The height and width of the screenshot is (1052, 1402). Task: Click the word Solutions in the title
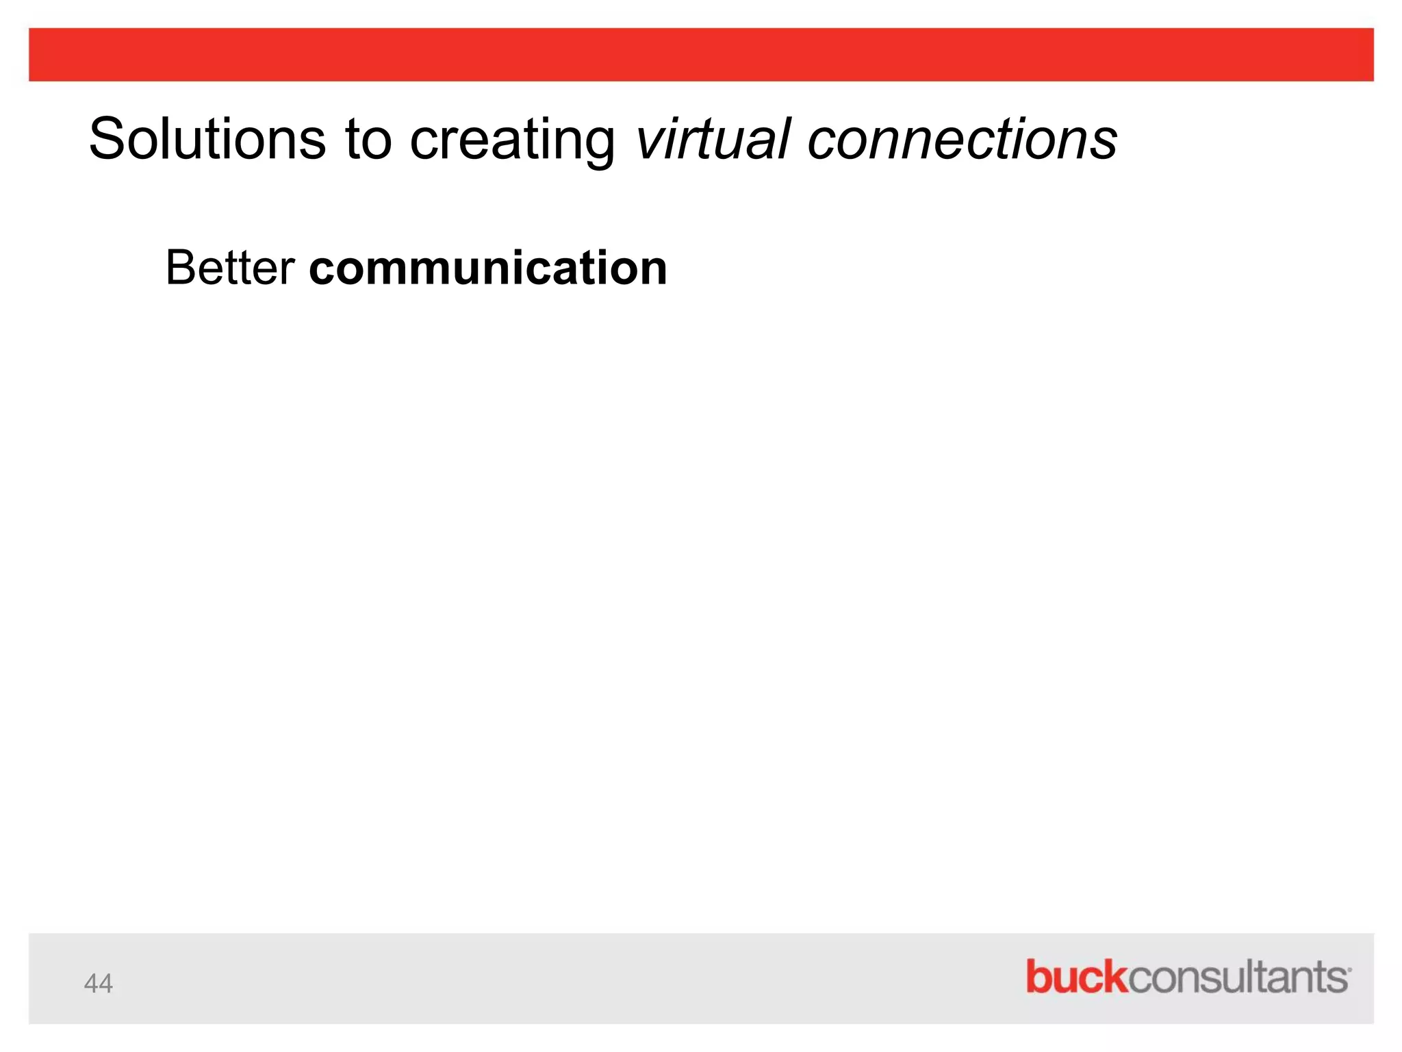coord(207,139)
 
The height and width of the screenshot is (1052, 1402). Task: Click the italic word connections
coord(962,139)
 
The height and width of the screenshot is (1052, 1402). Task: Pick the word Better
coord(230,268)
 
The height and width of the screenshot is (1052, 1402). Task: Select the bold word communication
coord(488,268)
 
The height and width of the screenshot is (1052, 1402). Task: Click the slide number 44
coord(98,984)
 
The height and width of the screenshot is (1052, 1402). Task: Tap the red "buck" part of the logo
coord(1075,977)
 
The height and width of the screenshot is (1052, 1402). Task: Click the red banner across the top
coord(701,55)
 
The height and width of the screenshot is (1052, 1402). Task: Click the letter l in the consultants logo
coord(1260,976)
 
